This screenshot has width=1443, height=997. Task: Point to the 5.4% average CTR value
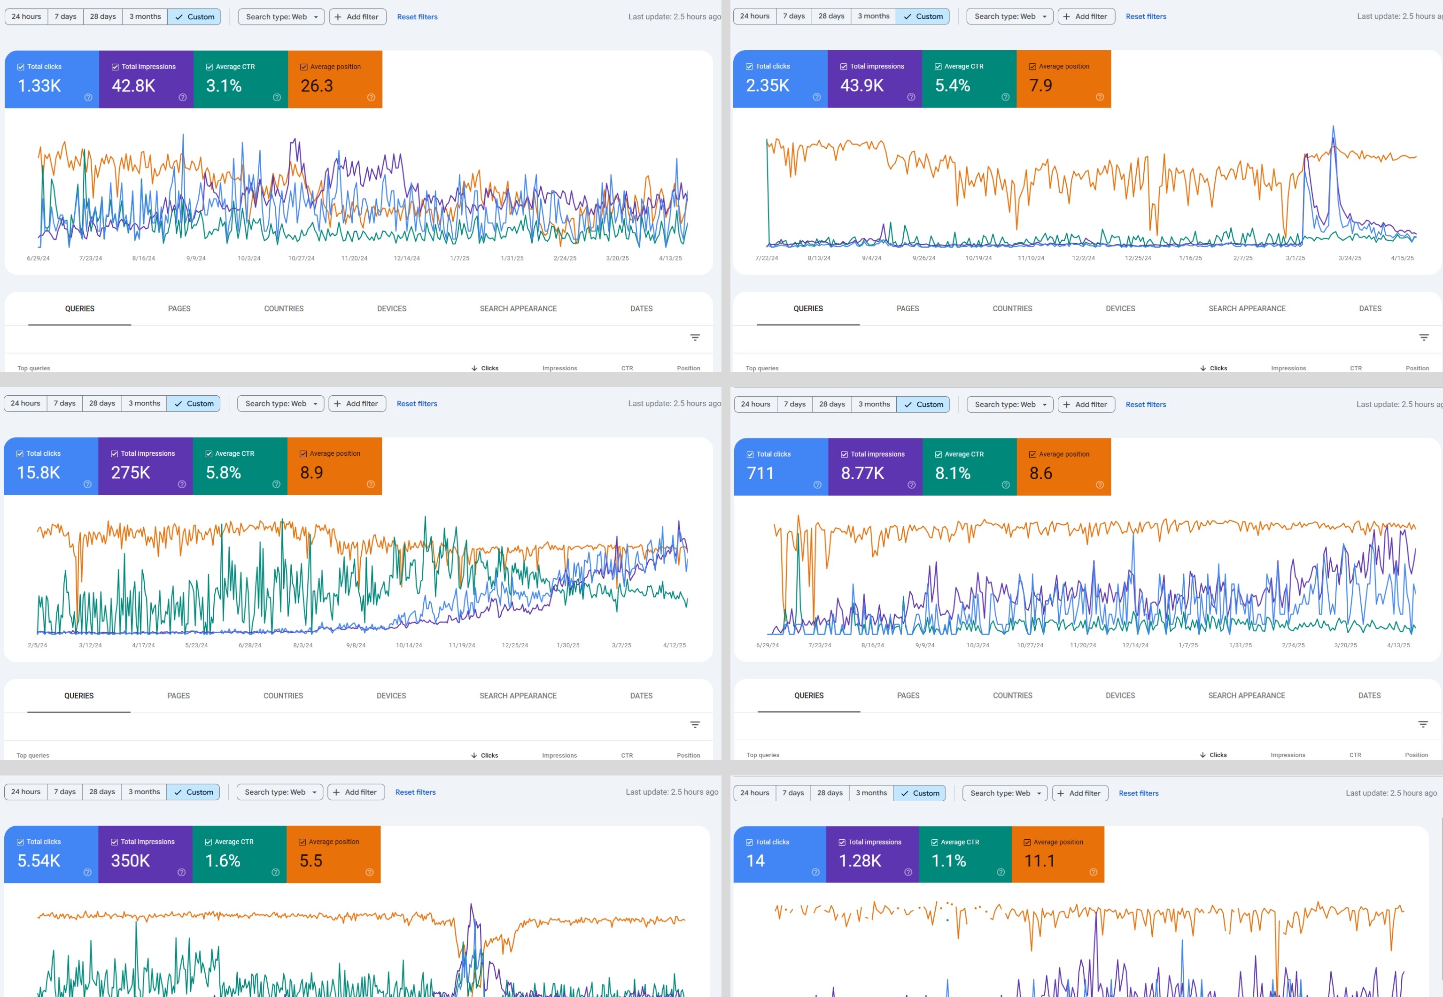953,85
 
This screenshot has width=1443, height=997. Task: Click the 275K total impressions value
131,472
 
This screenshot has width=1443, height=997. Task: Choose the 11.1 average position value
1040,861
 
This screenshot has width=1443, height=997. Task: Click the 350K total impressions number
131,861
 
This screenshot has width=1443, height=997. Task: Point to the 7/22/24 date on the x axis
767,258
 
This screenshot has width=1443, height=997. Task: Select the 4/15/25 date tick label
1403,258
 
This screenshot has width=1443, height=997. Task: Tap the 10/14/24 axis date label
409,645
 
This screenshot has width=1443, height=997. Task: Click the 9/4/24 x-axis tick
872,258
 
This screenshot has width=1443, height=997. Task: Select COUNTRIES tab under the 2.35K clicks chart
1012,308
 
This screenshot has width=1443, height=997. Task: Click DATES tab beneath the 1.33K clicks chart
641,308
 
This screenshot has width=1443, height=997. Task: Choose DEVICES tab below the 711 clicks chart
1120,695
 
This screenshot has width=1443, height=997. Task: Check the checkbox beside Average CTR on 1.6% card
209,842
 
